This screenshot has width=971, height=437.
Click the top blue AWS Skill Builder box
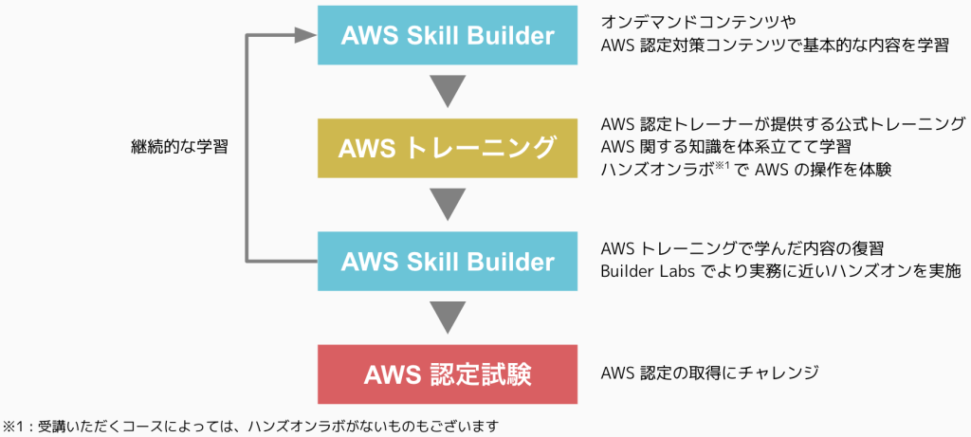(x=447, y=36)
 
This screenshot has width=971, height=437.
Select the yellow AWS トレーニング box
(x=447, y=148)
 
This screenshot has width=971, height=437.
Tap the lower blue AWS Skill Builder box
(x=447, y=260)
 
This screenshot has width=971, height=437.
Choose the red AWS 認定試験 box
(x=447, y=373)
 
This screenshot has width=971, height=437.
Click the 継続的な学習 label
(x=179, y=148)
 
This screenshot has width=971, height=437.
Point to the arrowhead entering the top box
(x=304, y=36)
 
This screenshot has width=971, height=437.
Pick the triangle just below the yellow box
(x=447, y=204)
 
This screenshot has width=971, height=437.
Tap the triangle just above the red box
(x=447, y=316)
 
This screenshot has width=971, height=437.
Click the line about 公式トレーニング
(x=782, y=124)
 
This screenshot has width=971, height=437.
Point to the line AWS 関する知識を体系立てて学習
(x=725, y=147)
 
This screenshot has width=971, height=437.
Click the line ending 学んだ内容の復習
(x=742, y=249)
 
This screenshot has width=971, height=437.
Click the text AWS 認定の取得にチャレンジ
(x=709, y=373)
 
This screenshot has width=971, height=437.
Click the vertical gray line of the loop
(x=247, y=148)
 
